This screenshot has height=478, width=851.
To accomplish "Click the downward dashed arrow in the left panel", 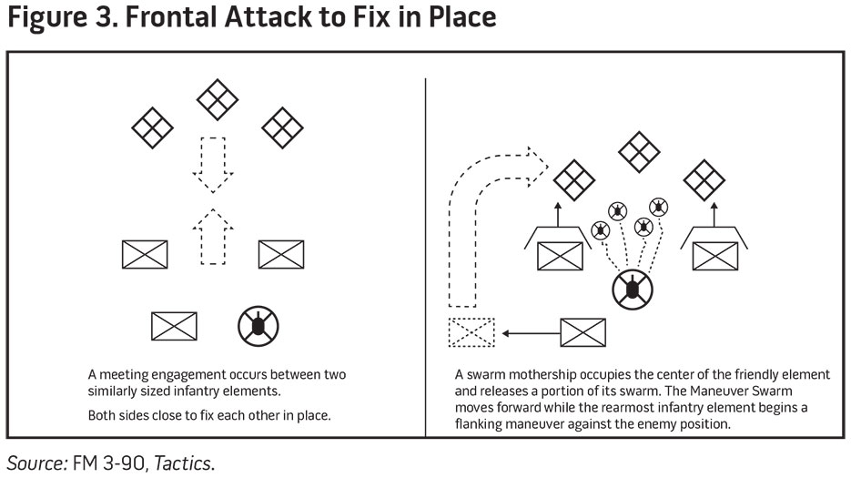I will pyautogui.click(x=212, y=163).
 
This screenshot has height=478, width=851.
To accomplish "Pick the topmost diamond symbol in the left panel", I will pyautogui.click(x=217, y=99).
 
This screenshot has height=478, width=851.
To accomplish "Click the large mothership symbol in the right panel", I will pyautogui.click(x=630, y=290).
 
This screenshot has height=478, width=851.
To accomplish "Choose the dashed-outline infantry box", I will pyautogui.click(x=471, y=332).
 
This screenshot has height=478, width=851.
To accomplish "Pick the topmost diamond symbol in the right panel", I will pyautogui.click(x=639, y=151).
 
